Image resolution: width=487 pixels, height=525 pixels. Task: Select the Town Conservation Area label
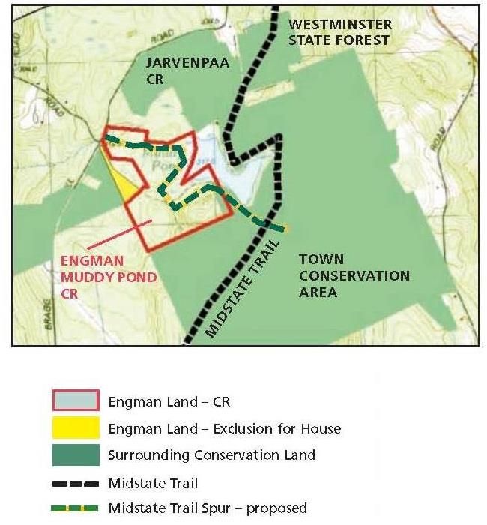point(354,275)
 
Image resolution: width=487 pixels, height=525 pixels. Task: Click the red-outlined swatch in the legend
point(75,401)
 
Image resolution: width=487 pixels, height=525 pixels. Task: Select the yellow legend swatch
point(75,428)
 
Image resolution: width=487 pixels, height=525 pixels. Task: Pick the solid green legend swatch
point(75,454)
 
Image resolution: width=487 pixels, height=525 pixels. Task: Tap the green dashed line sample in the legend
point(75,508)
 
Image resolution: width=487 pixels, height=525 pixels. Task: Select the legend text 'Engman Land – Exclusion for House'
point(224,428)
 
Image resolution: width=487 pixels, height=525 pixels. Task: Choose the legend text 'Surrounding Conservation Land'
point(211,454)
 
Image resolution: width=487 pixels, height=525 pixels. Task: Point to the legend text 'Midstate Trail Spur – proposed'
point(207,508)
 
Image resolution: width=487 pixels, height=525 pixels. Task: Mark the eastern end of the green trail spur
point(285,228)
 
